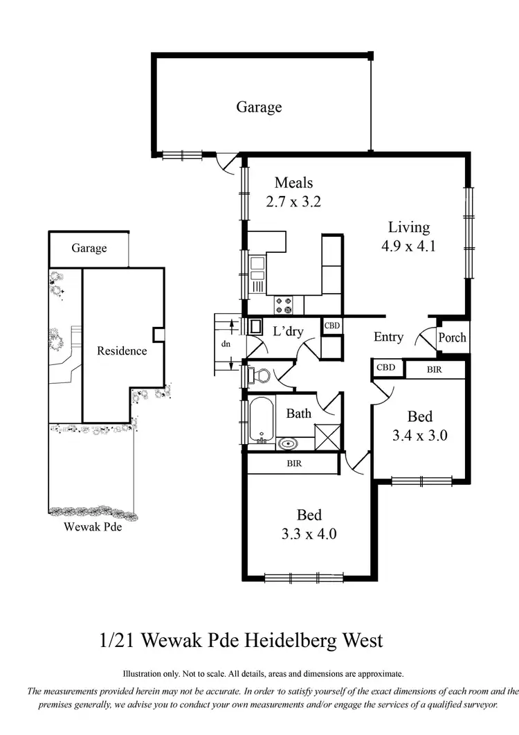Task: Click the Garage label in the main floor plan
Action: coord(259,107)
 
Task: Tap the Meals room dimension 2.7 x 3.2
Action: coord(293,202)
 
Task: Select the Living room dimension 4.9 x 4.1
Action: coord(408,246)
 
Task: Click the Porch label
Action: coord(453,338)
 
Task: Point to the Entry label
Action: coord(388,337)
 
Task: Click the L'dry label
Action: coord(287,331)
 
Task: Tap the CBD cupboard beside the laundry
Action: coord(331,326)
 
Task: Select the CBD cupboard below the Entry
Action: coord(385,368)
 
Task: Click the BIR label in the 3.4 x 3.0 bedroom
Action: coord(434,371)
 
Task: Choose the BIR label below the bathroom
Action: coord(294,463)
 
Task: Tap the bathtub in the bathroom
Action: coord(262,420)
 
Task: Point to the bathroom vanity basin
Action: coord(286,443)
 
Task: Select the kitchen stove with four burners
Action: coord(284,303)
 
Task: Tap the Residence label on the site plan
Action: coord(122,351)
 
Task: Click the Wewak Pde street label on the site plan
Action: coord(89,526)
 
